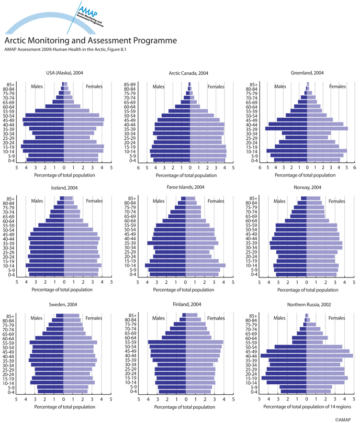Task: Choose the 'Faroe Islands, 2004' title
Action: (x=189, y=187)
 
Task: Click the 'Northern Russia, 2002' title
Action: (x=308, y=304)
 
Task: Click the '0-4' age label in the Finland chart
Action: (x=134, y=391)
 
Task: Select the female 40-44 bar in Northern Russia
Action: (x=330, y=355)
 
